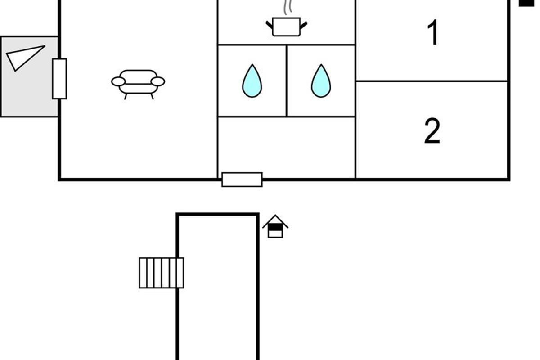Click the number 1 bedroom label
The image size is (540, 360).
tap(433, 32)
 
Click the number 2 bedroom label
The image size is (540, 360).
tap(432, 131)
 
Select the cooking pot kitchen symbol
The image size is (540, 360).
tap(286, 27)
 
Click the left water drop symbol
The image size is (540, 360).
tap(252, 81)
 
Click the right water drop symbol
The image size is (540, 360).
tap(321, 81)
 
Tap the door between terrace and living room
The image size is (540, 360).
tap(59, 79)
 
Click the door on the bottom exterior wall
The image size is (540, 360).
tap(242, 180)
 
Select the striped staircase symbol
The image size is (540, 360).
tap(161, 273)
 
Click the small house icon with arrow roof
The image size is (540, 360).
tap(275, 226)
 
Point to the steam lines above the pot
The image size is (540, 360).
tap(288, 7)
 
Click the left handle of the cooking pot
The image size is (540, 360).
tap(269, 25)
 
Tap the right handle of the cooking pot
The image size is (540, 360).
tap(304, 25)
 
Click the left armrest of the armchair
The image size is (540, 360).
tap(118, 82)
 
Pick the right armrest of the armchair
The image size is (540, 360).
tap(158, 82)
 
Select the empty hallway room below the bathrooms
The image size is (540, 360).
tap(286, 148)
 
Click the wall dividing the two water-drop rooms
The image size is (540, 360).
tap(286, 81)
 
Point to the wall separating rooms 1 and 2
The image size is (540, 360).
tap(432, 81)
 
